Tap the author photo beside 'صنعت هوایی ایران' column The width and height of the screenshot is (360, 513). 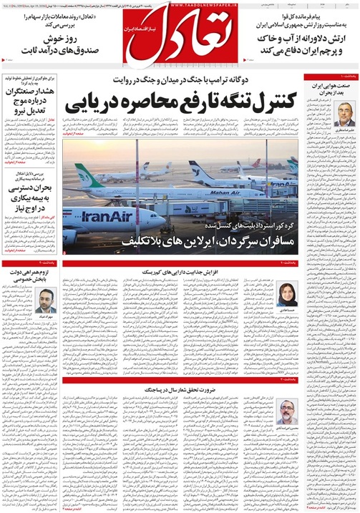click(x=343, y=113)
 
